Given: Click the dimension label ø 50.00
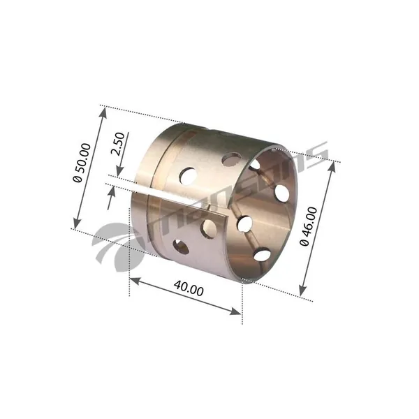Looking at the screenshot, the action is click(x=82, y=163).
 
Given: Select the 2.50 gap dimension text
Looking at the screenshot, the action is click(x=118, y=144).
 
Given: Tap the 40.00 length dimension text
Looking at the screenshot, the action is click(x=189, y=288).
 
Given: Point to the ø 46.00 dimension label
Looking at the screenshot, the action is click(x=309, y=226).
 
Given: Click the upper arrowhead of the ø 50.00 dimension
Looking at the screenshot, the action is click(x=103, y=113).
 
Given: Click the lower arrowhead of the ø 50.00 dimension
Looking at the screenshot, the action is click(x=77, y=223).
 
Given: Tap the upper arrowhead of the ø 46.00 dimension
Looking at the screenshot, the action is click(x=332, y=166).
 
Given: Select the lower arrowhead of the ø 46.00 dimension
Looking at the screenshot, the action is click(x=302, y=291).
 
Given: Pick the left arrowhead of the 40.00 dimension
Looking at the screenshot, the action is click(x=135, y=281).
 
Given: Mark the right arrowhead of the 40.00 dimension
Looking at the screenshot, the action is click(x=236, y=311).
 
